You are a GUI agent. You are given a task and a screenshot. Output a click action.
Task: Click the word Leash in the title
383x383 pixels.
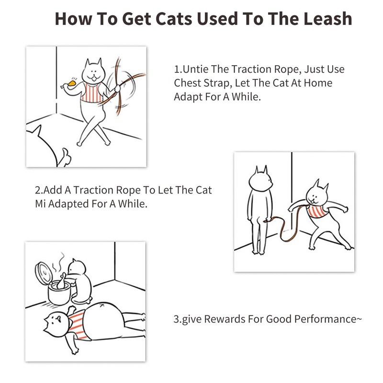point(327,19)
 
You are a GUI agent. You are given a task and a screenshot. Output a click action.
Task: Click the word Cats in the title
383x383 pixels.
point(174,19)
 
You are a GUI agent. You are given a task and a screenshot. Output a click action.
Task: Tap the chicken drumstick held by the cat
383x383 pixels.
point(68,84)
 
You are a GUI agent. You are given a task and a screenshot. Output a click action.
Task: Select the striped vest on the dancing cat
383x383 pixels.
point(91,92)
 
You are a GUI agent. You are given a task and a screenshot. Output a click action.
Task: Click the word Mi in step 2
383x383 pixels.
point(40,204)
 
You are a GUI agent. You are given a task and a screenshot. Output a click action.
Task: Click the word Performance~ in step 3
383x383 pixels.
point(328,319)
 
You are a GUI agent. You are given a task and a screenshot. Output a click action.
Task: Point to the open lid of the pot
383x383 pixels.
point(43,272)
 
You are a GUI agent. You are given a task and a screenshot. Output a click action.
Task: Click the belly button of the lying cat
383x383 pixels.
point(102,305)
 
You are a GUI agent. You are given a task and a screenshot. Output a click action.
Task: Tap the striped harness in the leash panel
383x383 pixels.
point(316,211)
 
